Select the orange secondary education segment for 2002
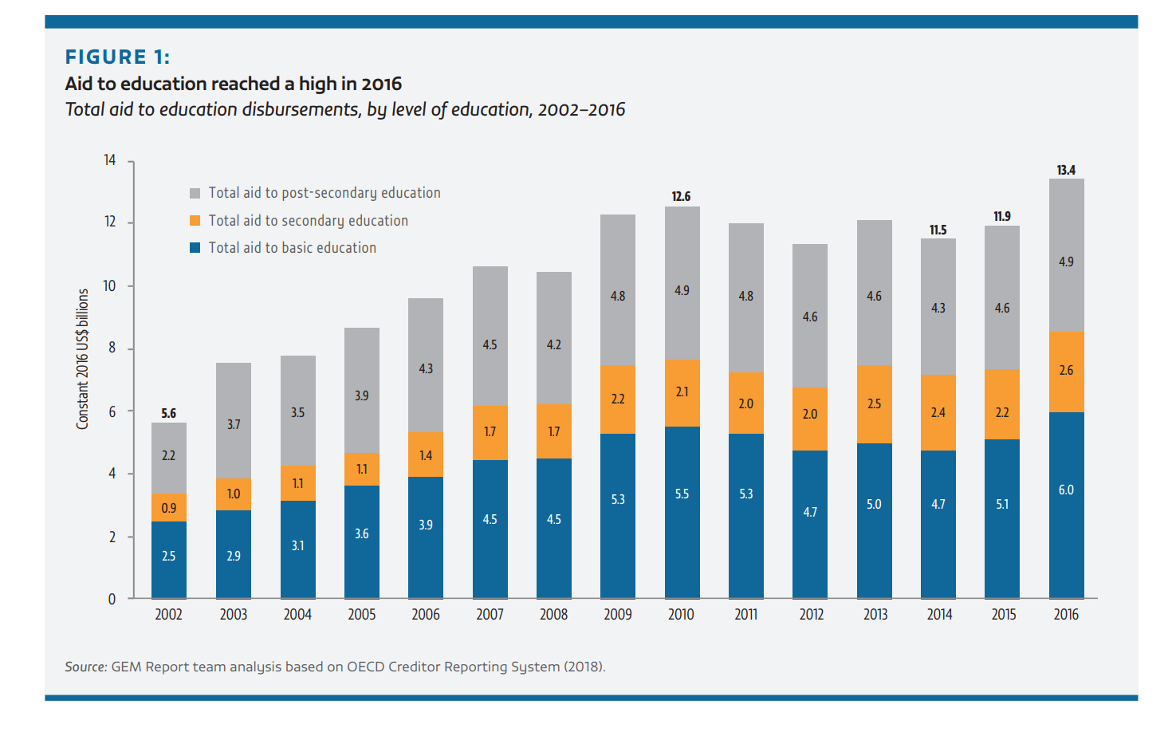[x=169, y=508]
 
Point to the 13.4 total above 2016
[x=1066, y=170]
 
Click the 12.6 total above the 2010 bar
[x=681, y=196]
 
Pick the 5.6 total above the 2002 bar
[x=168, y=413]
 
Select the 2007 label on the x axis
[x=490, y=614]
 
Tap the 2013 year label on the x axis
[x=875, y=614]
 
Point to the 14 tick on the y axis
[x=110, y=160]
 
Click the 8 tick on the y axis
[x=112, y=348]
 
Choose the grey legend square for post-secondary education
[x=195, y=193]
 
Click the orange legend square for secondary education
[x=195, y=220]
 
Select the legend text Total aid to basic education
[x=292, y=248]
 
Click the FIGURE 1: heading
[x=117, y=57]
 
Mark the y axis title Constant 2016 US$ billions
[x=83, y=359]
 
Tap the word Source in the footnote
[x=85, y=667]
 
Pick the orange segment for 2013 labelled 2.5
[x=875, y=404]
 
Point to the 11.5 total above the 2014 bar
[x=938, y=230]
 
